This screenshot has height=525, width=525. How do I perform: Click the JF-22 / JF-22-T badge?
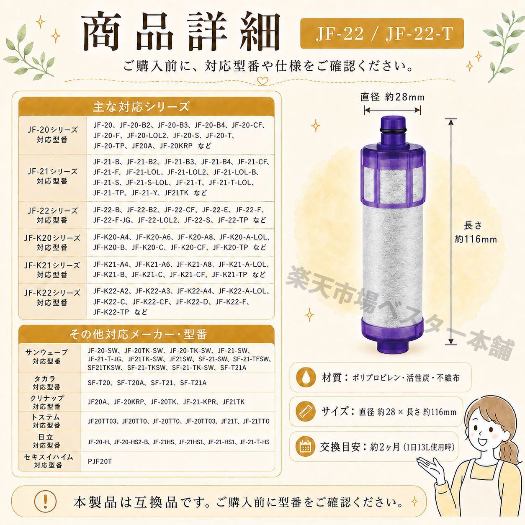click(382, 33)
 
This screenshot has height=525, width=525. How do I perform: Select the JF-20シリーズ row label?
click(52, 134)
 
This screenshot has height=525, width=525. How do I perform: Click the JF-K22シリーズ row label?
click(52, 298)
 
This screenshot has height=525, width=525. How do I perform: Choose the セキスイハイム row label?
click(49, 461)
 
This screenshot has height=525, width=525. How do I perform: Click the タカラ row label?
click(46, 383)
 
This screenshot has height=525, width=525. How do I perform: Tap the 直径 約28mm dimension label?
click(392, 97)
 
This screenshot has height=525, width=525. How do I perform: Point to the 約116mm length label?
click(476, 239)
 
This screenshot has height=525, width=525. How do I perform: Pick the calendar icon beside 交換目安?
click(305, 446)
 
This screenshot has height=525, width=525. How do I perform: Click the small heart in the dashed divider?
click(263, 81)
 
